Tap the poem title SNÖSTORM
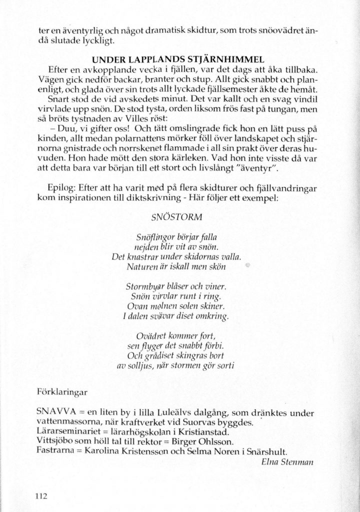pos(169,218)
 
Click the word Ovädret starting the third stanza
pos(151,335)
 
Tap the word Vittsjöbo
pos(55,441)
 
